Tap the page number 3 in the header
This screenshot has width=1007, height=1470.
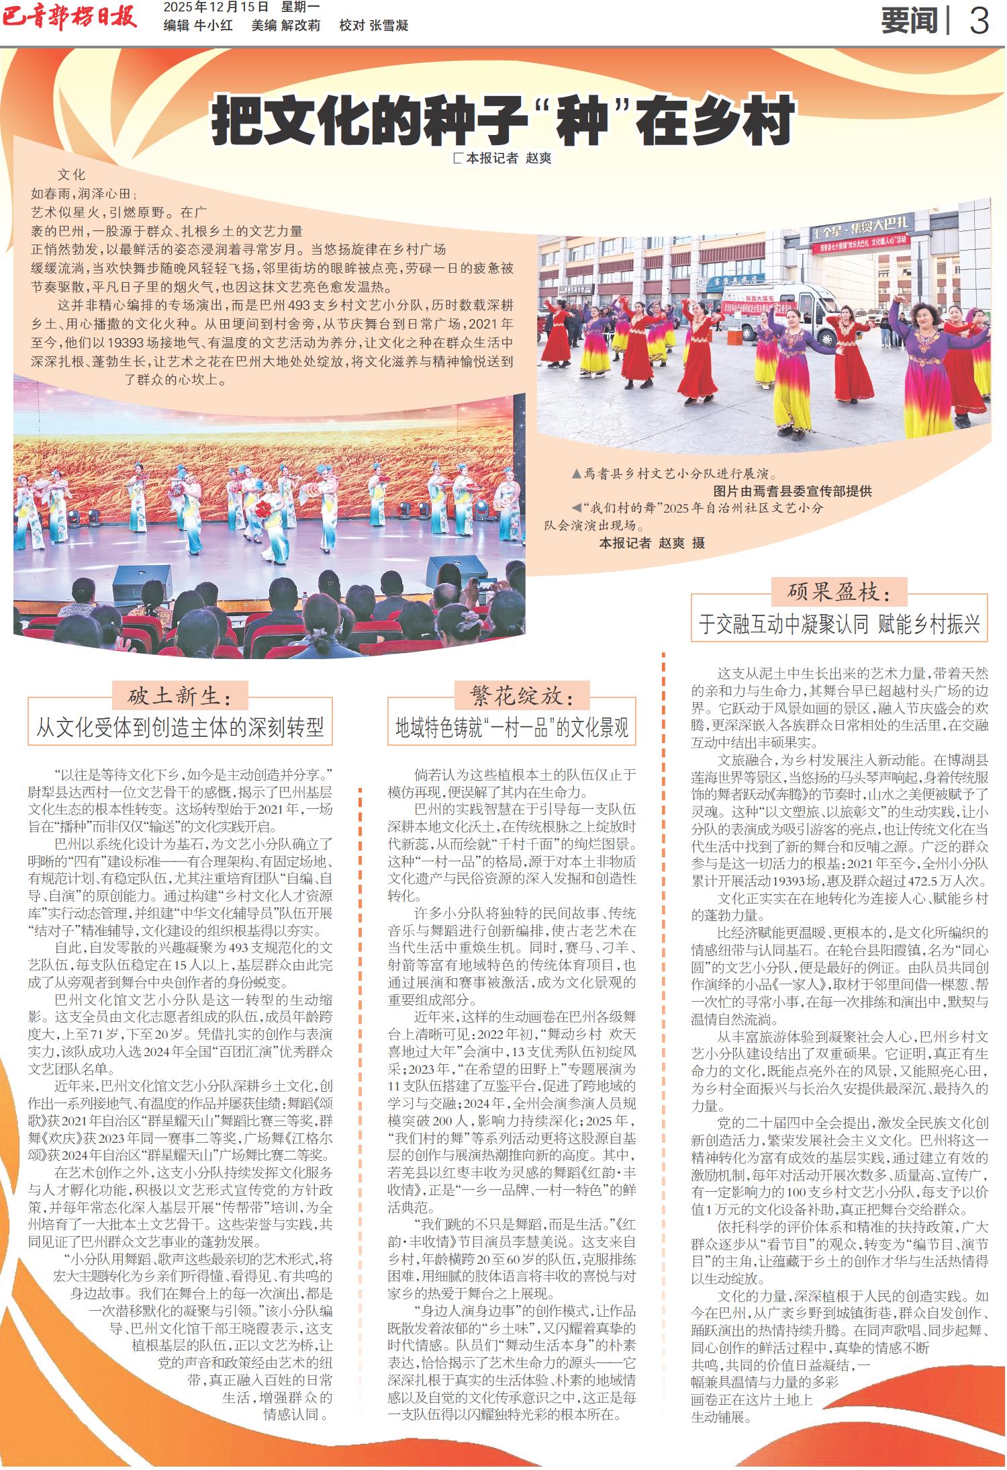979,21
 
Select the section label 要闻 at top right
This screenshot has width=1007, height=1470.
909,21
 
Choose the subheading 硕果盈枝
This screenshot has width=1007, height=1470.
839,592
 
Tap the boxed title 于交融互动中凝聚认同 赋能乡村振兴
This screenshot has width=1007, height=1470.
839,624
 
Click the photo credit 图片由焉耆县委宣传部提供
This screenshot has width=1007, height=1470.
792,491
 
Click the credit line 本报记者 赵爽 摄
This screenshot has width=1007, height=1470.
652,543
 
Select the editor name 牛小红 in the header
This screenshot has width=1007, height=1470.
213,26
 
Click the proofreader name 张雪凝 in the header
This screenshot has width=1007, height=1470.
389,26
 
